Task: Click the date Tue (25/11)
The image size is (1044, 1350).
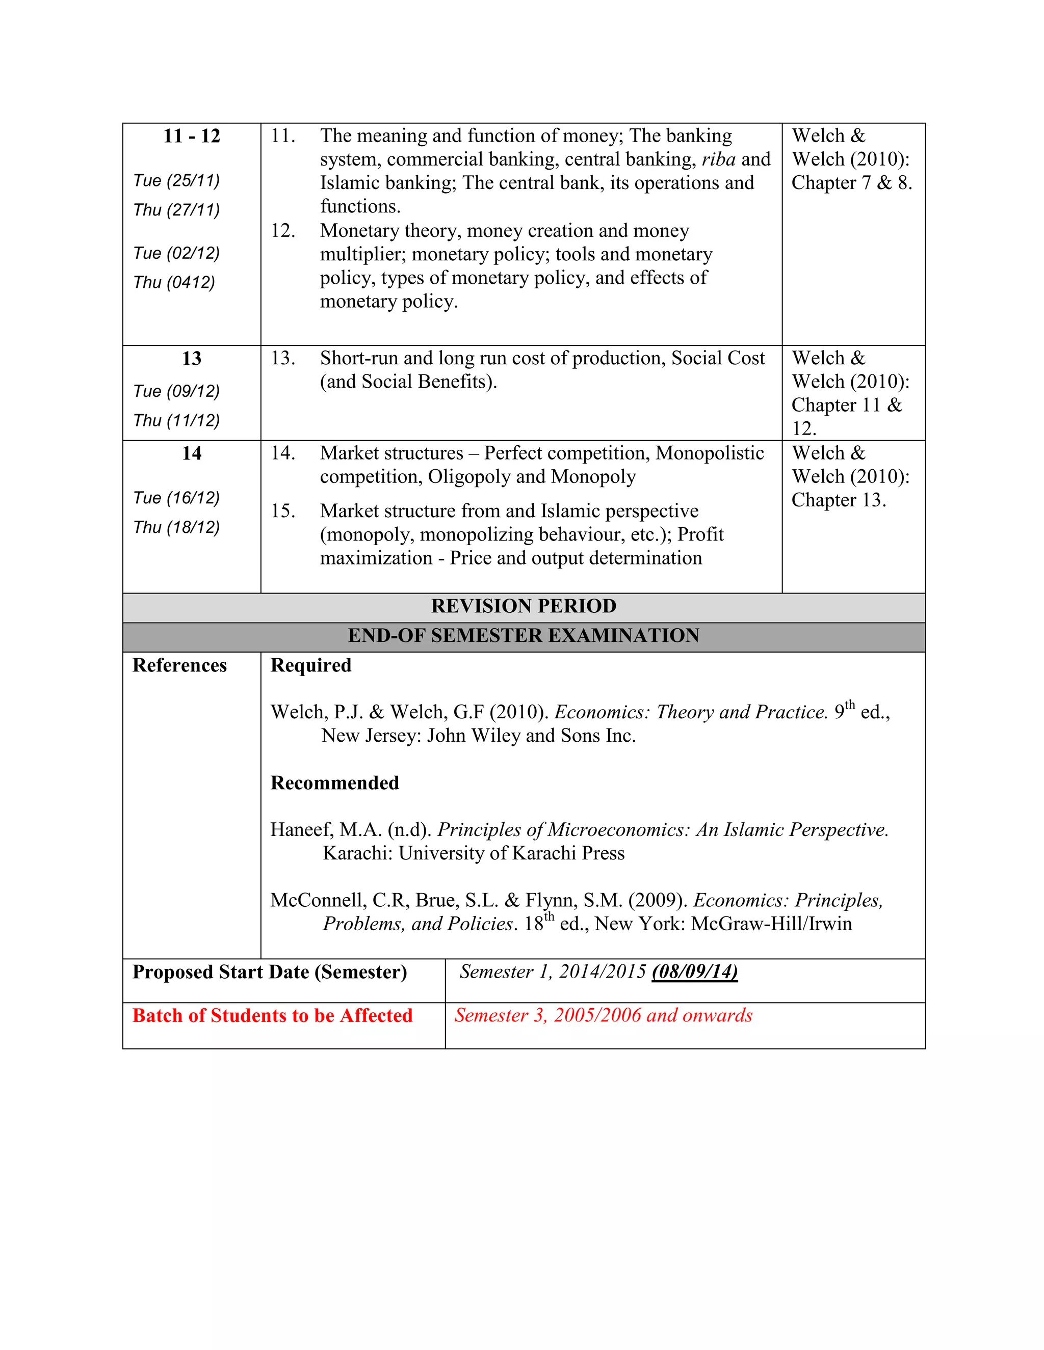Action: coord(176,180)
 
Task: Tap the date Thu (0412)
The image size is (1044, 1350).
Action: coord(174,283)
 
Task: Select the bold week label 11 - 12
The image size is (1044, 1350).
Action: coord(191,136)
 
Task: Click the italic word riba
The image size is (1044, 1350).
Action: coord(718,159)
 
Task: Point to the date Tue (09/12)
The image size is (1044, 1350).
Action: coord(176,391)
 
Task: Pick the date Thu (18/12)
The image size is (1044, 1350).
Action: coord(176,527)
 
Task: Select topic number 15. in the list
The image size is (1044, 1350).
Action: coord(282,511)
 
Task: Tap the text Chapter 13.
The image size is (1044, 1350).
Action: coord(838,500)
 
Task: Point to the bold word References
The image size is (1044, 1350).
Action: coord(179,666)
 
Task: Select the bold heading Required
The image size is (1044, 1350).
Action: coord(310,666)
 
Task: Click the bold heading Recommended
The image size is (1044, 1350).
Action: coord(334,783)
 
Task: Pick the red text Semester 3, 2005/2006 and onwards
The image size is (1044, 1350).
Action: coord(603,1016)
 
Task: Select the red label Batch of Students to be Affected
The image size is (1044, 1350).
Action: coord(272,1016)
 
